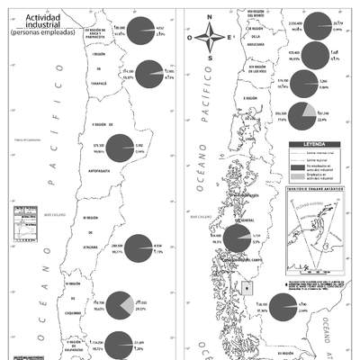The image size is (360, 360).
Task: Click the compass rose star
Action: [x=209, y=39]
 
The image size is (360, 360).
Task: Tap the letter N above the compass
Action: [x=209, y=17]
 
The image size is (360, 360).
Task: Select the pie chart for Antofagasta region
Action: [x=121, y=148]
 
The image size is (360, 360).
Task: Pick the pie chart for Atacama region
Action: [x=139, y=247]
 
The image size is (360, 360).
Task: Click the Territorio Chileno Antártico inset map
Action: [x=311, y=234]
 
